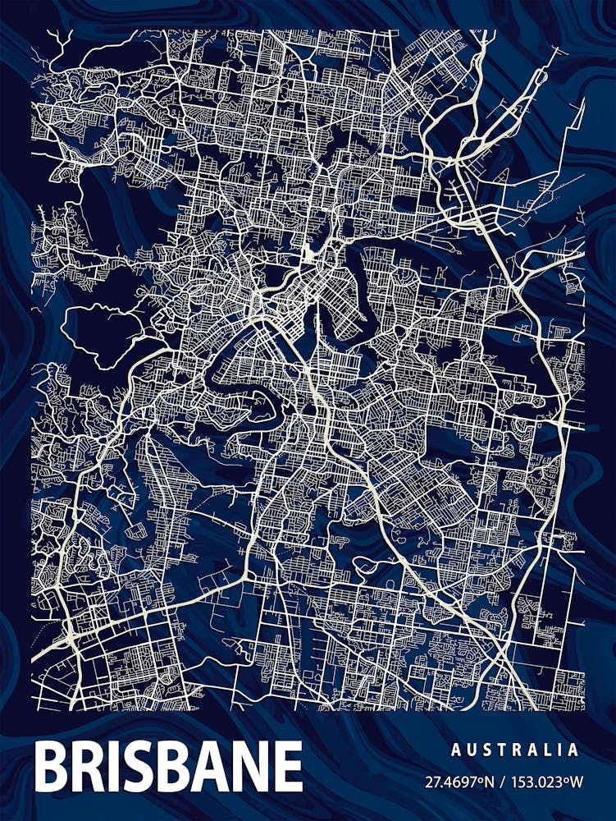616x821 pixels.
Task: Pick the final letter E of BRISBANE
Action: coord(286,766)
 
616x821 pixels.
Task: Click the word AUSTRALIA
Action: coord(514,750)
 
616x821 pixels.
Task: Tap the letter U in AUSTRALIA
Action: coord(472,750)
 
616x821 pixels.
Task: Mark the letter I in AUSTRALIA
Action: coord(564,750)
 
